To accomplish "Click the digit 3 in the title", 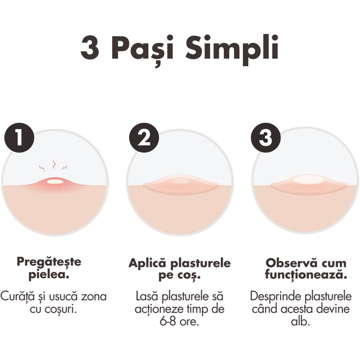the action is (x=90, y=48).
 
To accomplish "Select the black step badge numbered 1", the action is (x=19, y=138).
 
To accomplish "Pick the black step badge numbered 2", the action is (x=144, y=138).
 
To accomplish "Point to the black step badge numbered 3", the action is (x=266, y=138).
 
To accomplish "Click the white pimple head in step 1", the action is (x=55, y=181).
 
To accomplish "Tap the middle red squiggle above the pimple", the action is (x=54, y=165).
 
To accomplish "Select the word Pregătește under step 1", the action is (x=49, y=261).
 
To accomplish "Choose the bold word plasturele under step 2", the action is (x=201, y=264).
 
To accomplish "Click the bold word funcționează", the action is (x=306, y=275).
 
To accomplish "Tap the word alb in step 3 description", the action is (x=301, y=321).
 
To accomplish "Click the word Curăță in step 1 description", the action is (x=17, y=297).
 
